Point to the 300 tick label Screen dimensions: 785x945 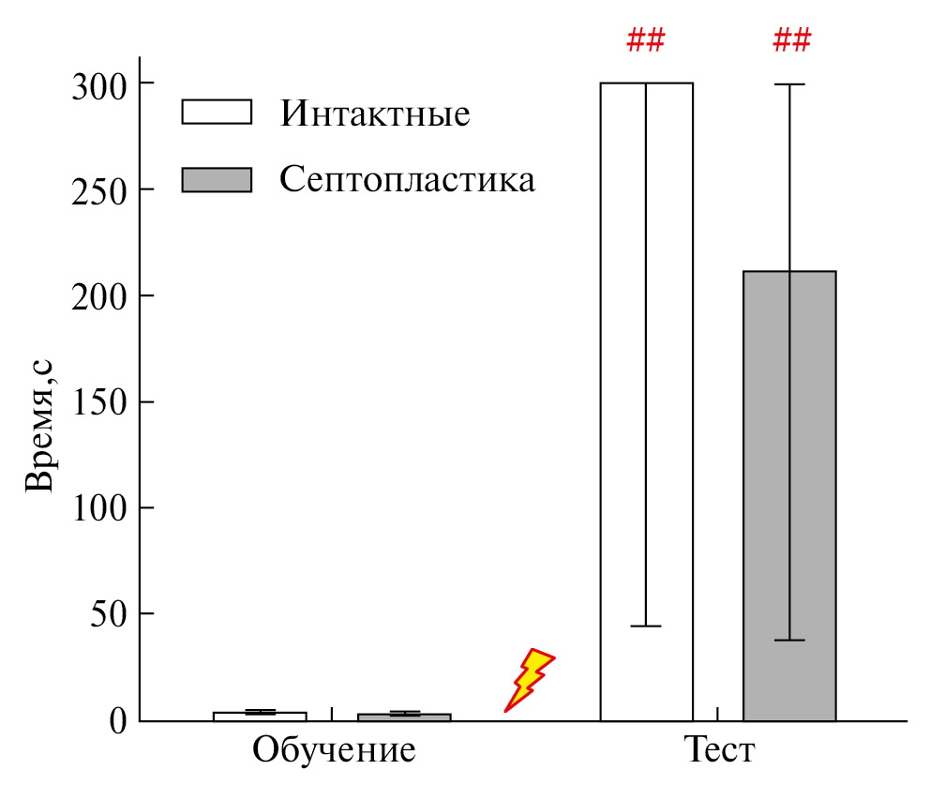[x=99, y=84]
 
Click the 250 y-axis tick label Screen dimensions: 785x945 [x=99, y=190]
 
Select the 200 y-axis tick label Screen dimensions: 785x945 [x=99, y=296]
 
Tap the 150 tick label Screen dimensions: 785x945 [x=99, y=402]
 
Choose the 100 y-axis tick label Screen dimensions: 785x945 [x=99, y=508]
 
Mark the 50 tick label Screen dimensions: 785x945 [x=110, y=614]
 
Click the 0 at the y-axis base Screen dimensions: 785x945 [x=119, y=720]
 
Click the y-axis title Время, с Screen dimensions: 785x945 [x=40, y=427]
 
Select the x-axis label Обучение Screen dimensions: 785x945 [x=333, y=752]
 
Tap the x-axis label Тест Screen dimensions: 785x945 [x=718, y=752]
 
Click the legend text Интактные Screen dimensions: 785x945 [x=374, y=114]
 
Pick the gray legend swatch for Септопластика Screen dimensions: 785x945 [x=217, y=179]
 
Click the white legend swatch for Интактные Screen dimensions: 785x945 [x=217, y=112]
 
